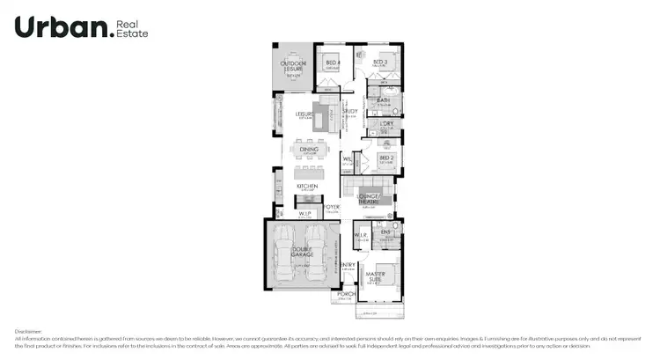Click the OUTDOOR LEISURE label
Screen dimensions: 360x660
tap(293, 66)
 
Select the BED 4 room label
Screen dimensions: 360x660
tap(332, 62)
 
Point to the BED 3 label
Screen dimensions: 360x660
tap(380, 62)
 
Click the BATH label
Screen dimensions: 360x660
tap(384, 100)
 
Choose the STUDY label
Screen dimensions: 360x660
tap(349, 112)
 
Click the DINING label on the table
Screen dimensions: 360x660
tap(309, 151)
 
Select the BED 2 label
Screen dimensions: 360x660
tap(384, 159)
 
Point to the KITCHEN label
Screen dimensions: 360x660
tap(306, 187)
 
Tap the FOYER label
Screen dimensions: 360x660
tap(332, 208)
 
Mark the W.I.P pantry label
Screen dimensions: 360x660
tap(304, 213)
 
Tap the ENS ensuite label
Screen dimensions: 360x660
tap(385, 231)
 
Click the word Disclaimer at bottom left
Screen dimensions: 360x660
tap(29, 331)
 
